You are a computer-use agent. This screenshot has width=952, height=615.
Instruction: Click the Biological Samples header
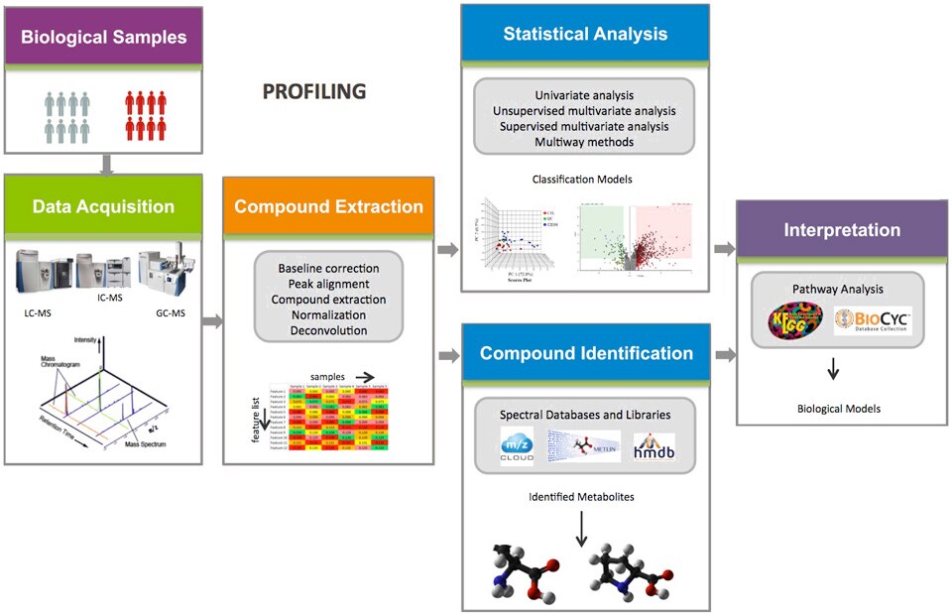point(104,39)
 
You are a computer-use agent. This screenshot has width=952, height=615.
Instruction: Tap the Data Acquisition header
point(104,206)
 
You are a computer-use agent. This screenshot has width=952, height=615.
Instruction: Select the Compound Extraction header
point(328,206)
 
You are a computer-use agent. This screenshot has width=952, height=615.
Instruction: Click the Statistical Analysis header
point(585,34)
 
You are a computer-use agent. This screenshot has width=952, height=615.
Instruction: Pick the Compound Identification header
point(585,353)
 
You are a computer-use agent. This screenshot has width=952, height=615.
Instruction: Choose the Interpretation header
point(842,230)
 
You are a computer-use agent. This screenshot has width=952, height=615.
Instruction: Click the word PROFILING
point(314,92)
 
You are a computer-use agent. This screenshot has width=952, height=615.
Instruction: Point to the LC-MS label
point(40,311)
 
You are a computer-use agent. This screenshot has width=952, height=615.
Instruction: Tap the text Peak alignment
point(328,284)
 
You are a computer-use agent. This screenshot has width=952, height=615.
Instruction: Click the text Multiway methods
point(584,142)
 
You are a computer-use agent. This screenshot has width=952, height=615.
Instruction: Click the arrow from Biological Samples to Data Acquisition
point(104,164)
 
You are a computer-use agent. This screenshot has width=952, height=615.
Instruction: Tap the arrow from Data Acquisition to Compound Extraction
point(211,321)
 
